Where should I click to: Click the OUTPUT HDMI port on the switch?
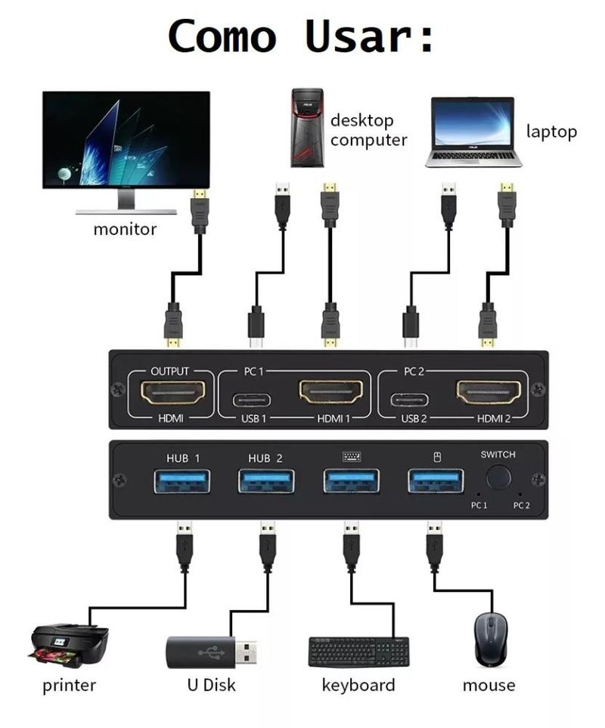(173, 392)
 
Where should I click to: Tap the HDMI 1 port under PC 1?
(330, 392)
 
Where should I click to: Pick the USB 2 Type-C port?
(410, 400)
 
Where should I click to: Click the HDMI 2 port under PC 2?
(488, 392)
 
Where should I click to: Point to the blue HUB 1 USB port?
(182, 481)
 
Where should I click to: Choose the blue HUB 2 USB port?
(266, 481)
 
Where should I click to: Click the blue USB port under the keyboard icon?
(351, 481)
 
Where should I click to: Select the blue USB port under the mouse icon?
(436, 481)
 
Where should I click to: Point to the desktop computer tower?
(307, 127)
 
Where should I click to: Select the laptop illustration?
(473, 132)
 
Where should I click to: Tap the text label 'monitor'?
(125, 228)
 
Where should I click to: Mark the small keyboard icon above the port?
(351, 457)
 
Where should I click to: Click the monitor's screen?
(126, 140)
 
